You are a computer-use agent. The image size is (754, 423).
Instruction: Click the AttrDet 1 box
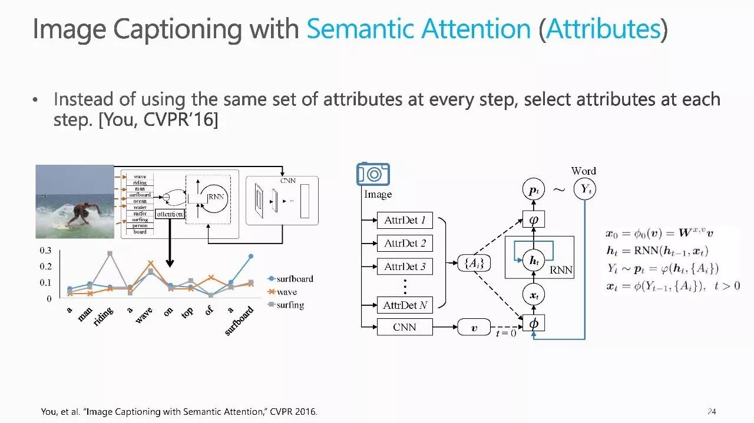[x=405, y=220]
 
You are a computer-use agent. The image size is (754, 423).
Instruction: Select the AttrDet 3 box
[x=405, y=266]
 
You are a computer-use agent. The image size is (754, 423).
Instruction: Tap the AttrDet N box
[x=405, y=305]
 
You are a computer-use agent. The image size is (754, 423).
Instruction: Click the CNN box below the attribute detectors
[x=405, y=327]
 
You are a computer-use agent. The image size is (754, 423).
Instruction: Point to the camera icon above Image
[x=373, y=175]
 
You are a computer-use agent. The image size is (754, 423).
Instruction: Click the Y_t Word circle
[x=585, y=189]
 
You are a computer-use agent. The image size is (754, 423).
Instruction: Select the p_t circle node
[x=533, y=191]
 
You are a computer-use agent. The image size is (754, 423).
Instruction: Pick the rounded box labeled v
[x=474, y=328]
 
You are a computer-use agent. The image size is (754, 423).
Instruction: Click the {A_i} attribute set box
[x=474, y=264]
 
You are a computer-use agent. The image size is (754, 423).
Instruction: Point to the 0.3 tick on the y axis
[x=45, y=251]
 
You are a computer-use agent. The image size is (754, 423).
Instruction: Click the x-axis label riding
[x=103, y=318]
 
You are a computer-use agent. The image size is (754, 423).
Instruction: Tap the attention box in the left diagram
[x=170, y=214]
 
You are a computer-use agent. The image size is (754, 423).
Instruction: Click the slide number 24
[x=712, y=411]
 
